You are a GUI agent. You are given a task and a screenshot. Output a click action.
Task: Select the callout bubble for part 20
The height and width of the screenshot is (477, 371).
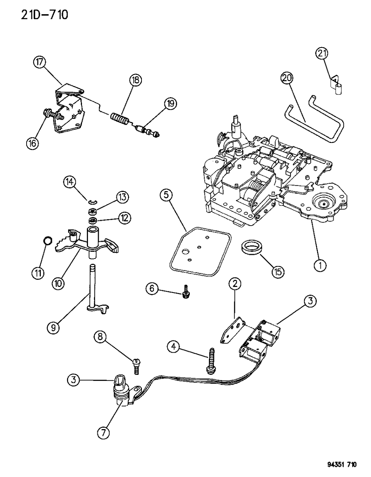(x=288, y=79)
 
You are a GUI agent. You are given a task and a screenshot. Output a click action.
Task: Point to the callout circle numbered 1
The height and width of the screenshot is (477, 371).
(x=319, y=265)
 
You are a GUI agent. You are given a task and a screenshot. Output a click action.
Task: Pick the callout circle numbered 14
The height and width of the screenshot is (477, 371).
(x=69, y=182)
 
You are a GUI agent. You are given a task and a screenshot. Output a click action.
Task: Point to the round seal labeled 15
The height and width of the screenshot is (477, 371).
(x=249, y=248)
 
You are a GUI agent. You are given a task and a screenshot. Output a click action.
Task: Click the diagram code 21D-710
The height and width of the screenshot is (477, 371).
(x=36, y=16)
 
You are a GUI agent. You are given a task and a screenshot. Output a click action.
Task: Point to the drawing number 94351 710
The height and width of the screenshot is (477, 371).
(x=336, y=464)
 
